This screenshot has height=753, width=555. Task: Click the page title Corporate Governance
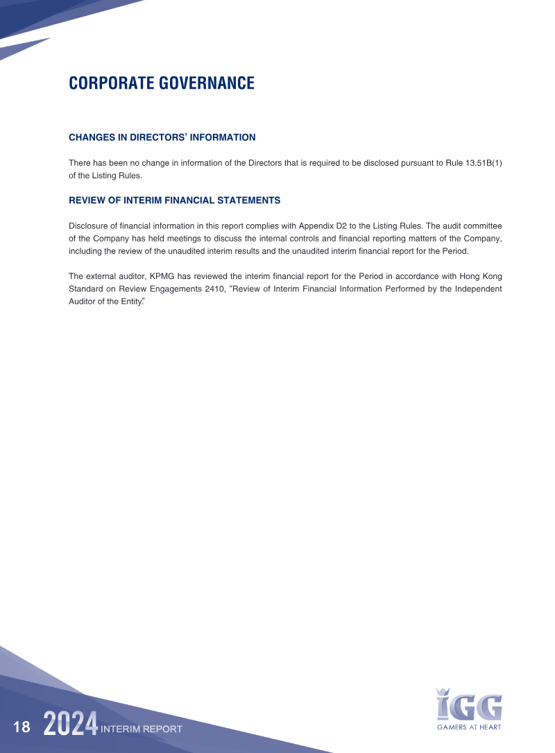(162, 84)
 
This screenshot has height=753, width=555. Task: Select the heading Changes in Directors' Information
(162, 137)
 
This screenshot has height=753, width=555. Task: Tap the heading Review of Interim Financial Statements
(174, 200)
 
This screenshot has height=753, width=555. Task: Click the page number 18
(22, 727)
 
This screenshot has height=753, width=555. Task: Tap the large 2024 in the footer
(70, 725)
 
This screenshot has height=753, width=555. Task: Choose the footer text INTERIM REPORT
(142, 729)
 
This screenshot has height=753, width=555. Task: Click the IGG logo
(469, 705)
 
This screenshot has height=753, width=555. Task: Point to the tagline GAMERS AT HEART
(469, 727)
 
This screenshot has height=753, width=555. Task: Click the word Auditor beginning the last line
(83, 302)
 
